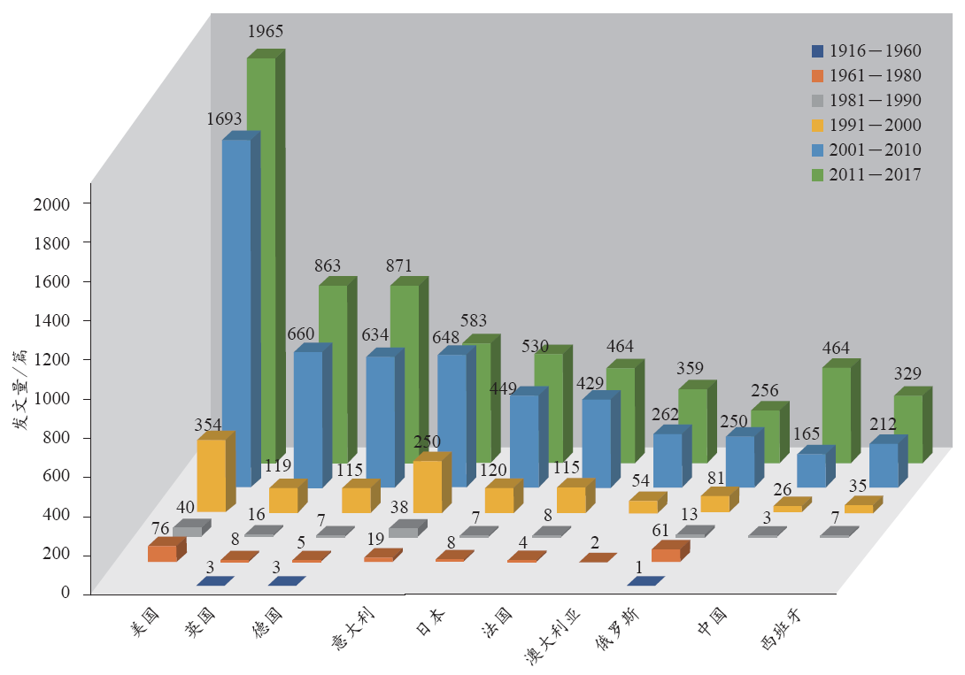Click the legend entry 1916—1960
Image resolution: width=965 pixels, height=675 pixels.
(x=868, y=50)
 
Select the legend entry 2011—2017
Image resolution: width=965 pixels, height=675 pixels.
(x=868, y=174)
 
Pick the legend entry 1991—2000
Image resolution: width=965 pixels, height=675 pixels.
(x=868, y=125)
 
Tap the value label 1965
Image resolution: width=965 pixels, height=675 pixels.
(x=265, y=31)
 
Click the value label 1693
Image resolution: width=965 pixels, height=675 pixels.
(x=225, y=117)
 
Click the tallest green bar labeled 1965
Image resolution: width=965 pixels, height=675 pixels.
(x=261, y=257)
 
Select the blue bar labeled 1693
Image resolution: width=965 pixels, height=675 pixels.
(x=236, y=310)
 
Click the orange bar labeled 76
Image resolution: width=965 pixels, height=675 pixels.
(x=162, y=553)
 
